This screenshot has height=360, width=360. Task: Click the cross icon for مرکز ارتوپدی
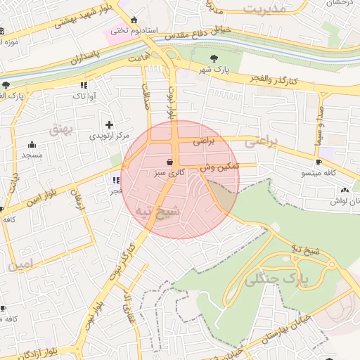click(109, 124)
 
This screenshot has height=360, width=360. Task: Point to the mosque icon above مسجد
click(32, 144)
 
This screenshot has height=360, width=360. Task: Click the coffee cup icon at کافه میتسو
click(319, 162)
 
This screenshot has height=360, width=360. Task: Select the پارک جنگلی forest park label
click(278, 280)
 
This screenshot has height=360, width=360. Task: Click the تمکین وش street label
click(219, 167)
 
